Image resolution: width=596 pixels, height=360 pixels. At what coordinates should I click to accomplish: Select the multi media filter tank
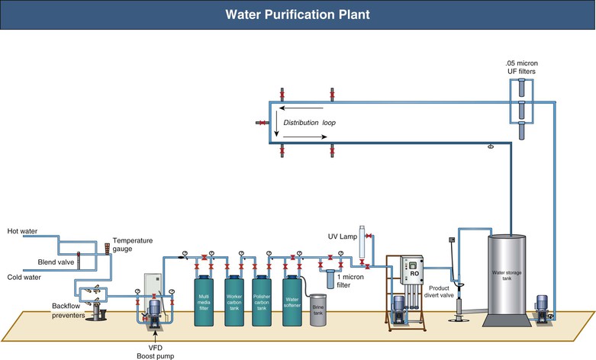tap(204, 303)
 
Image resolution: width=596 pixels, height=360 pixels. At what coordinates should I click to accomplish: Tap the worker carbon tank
tap(234, 303)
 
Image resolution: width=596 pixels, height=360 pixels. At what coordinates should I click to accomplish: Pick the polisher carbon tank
tap(263, 303)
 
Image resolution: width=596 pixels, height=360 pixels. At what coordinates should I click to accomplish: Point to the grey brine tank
tap(318, 311)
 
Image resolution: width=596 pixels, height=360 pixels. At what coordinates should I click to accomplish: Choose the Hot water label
tap(22, 231)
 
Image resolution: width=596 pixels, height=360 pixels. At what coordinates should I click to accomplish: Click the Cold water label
tap(23, 277)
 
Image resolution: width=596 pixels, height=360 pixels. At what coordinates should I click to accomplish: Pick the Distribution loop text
tap(309, 122)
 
